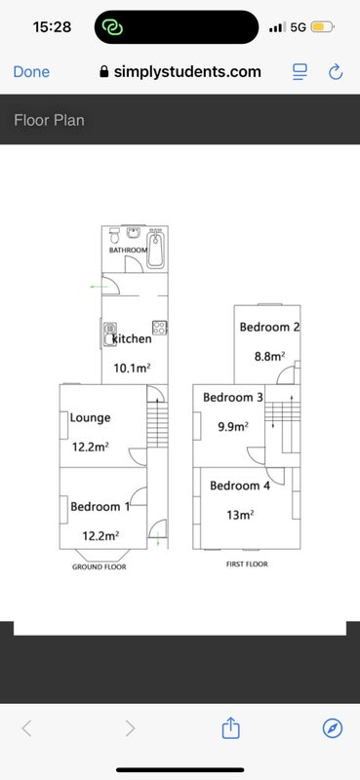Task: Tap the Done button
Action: point(31,72)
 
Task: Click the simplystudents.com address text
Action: point(187,71)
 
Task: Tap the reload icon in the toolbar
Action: point(336,71)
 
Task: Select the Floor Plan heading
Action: point(50,120)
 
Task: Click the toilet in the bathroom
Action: point(115,234)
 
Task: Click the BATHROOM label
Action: point(128,251)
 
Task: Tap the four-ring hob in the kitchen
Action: point(159,328)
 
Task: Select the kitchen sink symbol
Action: point(110,333)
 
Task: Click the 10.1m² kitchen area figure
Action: point(132,369)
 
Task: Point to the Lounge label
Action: point(90,418)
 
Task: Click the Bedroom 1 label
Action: point(100,507)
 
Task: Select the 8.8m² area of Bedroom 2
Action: point(269,356)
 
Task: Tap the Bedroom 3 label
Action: point(233,398)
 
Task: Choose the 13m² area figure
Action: point(241,516)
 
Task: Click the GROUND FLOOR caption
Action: point(100,567)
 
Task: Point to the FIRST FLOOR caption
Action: point(247,565)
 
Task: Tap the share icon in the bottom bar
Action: point(230,727)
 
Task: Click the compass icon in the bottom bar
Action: point(333,728)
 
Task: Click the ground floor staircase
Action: point(157,424)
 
